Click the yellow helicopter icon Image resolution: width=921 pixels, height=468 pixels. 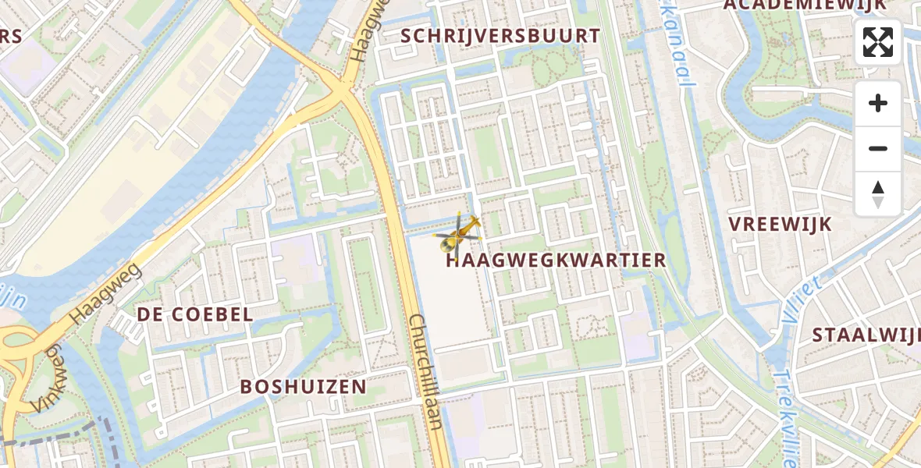[460, 233]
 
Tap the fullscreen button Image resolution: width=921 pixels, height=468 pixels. [878, 43]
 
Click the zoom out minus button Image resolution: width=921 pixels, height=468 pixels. [878, 148]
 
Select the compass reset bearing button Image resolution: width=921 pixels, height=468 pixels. [878, 194]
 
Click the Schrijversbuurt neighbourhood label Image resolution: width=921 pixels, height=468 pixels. [500, 36]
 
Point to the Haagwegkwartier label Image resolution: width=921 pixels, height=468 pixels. [557, 261]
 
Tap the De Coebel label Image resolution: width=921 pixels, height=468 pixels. [195, 314]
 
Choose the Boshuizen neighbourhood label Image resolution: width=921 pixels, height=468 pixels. [303, 387]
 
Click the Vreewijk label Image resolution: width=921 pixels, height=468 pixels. [780, 224]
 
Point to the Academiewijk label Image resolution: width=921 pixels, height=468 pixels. [805, 5]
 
